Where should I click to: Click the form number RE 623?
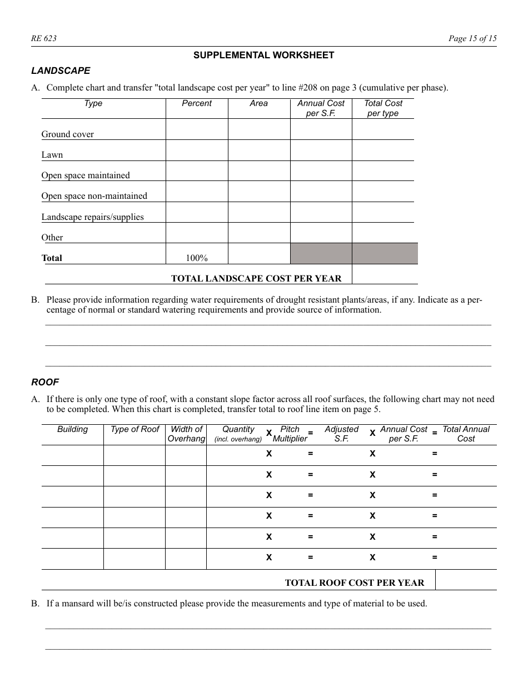[x=44, y=38]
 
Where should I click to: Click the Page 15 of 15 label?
[x=472, y=38]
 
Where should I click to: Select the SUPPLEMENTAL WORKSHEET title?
[x=263, y=55]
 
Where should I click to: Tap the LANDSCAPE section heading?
[x=61, y=71]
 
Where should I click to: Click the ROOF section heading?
[x=45, y=382]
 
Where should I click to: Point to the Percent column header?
[x=197, y=103]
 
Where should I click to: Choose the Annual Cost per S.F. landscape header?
[x=321, y=108]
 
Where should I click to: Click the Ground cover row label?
[x=68, y=134]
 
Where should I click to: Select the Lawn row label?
[x=52, y=155]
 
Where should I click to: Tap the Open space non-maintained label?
[x=94, y=196]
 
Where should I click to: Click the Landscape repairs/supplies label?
[x=92, y=217]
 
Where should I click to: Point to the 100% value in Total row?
[x=197, y=258]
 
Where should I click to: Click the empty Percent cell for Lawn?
[x=197, y=150]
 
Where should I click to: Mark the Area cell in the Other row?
[x=259, y=233]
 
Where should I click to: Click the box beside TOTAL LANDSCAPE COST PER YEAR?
[x=385, y=274]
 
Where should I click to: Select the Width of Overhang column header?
[x=186, y=434]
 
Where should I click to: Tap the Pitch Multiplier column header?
[x=290, y=434]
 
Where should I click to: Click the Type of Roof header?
[x=135, y=429]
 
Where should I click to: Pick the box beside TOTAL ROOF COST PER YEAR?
[x=466, y=580]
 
